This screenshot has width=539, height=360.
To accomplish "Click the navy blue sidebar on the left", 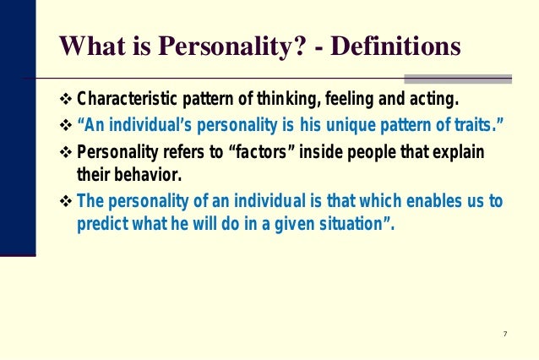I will [17, 127].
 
